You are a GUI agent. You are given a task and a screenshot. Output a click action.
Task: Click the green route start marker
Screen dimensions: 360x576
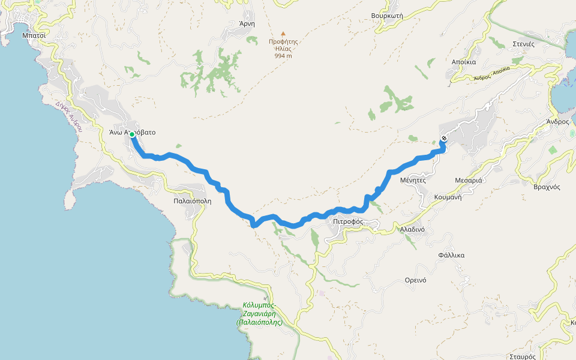point(132,134)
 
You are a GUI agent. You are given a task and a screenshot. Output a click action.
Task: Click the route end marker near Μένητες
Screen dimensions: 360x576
point(444,139)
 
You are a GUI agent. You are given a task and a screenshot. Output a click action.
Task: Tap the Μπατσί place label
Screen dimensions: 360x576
point(34,35)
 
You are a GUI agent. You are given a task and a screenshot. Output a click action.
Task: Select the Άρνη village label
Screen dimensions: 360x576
point(247,24)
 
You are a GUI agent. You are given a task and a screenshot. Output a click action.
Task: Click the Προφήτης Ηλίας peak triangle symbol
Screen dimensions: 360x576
point(283,34)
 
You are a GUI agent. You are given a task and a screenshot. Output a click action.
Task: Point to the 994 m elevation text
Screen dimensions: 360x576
point(283,56)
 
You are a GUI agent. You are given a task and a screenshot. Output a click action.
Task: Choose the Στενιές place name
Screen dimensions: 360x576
point(527,44)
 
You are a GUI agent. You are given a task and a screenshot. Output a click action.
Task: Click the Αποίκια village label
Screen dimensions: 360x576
point(463,62)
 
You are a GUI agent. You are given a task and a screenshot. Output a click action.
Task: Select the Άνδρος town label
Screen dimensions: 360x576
point(557,121)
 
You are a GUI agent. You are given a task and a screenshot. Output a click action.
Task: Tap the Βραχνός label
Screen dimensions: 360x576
point(547,187)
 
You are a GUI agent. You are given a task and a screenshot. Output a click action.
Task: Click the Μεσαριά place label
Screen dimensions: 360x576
point(469,180)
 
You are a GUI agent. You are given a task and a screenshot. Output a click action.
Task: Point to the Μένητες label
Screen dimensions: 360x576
point(413,179)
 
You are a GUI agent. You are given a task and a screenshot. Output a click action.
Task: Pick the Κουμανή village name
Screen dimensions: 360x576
point(448,197)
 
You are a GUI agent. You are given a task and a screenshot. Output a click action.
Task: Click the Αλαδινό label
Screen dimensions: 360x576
point(412,229)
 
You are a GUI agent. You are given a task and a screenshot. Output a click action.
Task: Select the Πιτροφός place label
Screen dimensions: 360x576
point(348,221)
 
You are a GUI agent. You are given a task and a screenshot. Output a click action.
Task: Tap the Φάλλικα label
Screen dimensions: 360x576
point(451,255)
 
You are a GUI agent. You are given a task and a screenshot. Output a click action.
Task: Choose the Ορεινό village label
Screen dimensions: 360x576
point(415,280)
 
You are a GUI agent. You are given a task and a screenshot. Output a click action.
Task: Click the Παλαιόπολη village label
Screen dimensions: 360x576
point(192,201)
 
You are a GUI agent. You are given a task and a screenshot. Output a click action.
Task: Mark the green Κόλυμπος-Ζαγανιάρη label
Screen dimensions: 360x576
point(260,313)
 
